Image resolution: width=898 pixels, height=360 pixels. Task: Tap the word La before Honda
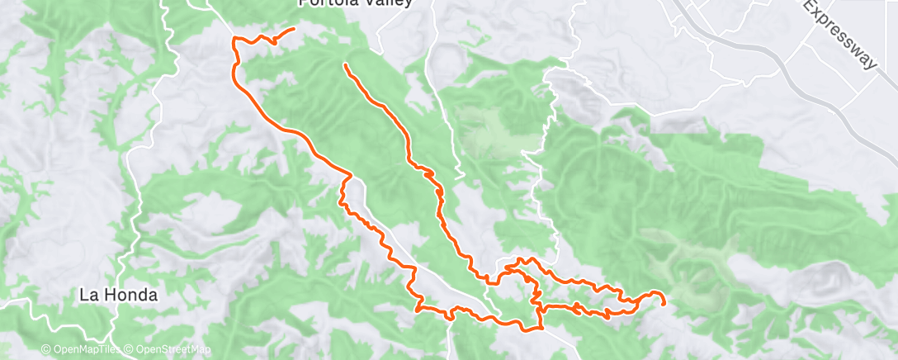click(x=90, y=294)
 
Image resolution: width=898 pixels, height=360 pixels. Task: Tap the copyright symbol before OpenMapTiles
click(x=47, y=350)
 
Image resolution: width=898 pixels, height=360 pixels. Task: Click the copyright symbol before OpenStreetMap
click(x=130, y=350)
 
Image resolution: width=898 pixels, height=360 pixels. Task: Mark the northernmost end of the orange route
click(x=294, y=30)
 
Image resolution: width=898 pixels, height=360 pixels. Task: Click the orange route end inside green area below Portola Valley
click(x=344, y=64)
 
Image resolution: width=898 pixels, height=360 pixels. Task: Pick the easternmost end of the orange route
click(x=664, y=303)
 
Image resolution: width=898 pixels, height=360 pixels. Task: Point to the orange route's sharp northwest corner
click(x=236, y=39)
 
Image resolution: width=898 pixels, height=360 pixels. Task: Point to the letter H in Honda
click(x=106, y=294)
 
